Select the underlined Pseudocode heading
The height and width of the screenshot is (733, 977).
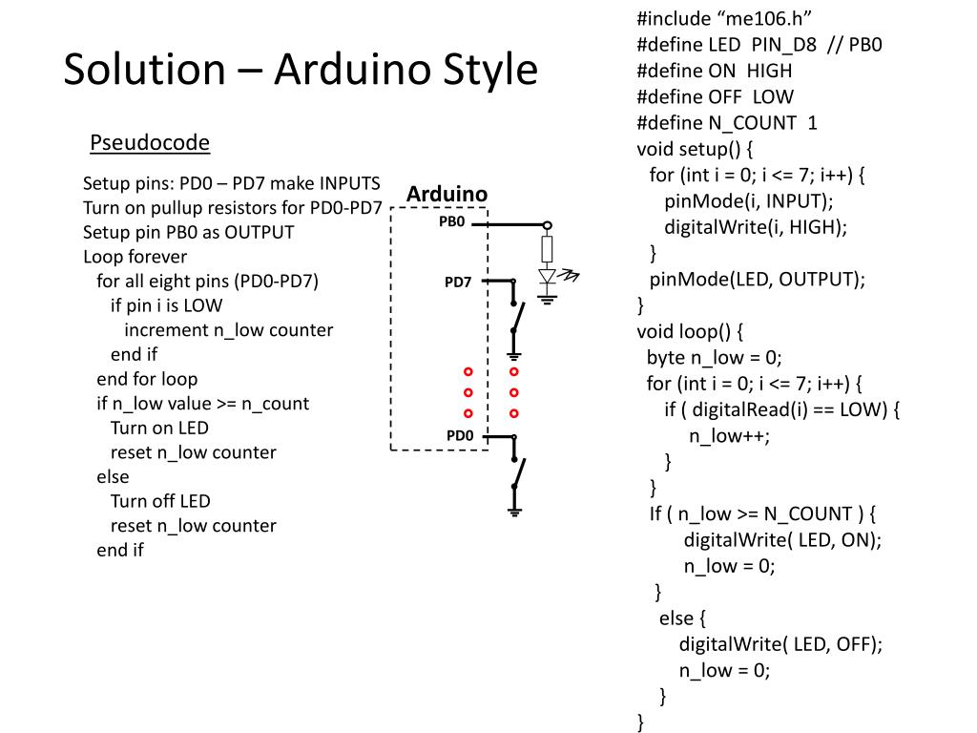(x=150, y=143)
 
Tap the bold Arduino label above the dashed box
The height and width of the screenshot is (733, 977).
(x=447, y=195)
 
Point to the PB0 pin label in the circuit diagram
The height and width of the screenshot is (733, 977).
(x=451, y=221)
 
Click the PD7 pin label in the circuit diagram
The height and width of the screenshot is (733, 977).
(x=458, y=282)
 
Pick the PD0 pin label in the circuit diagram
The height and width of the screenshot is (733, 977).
(x=460, y=435)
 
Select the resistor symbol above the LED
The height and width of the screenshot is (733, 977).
(x=547, y=249)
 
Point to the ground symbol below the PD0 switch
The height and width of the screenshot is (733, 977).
(x=514, y=513)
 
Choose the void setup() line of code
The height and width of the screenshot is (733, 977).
(x=696, y=149)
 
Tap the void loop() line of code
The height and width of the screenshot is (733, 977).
(x=690, y=331)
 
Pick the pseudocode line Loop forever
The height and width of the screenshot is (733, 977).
(x=135, y=256)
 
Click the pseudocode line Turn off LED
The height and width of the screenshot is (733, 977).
(x=160, y=500)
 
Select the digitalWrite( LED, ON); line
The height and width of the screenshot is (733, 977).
(x=782, y=539)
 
